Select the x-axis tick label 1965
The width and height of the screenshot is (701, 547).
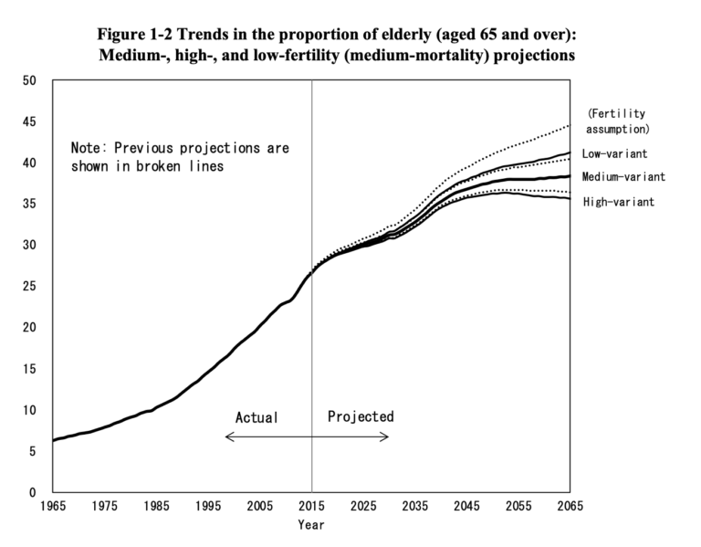tap(53, 506)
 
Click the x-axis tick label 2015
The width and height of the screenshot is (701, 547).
tap(312, 506)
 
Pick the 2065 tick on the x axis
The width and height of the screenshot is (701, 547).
tap(570, 506)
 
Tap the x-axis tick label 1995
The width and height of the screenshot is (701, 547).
tap(208, 506)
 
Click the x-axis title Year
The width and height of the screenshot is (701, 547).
tap(310, 525)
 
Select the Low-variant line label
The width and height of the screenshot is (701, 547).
tap(614, 153)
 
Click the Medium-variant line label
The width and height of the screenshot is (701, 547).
tap(623, 176)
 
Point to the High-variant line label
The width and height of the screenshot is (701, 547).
tap(618, 201)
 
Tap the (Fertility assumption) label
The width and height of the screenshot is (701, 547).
tap(616, 121)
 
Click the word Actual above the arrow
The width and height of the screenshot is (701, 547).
tap(256, 417)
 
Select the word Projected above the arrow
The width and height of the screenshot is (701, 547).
tap(361, 416)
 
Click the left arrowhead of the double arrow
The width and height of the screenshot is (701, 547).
tap(227, 437)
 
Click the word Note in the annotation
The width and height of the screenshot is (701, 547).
tap(88, 148)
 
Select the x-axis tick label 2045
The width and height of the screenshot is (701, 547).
tap(467, 506)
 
